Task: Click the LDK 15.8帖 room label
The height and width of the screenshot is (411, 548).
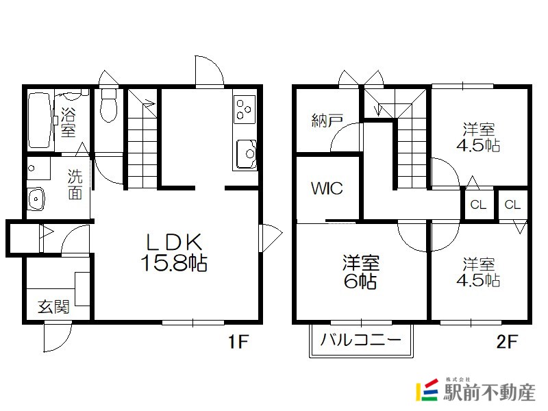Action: (174, 252)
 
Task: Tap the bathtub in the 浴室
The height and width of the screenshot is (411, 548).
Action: (40, 120)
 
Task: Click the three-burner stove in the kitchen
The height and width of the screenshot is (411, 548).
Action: (244, 109)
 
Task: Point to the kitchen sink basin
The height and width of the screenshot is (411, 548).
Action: (247, 154)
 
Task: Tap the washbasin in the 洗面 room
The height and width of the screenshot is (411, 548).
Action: (36, 199)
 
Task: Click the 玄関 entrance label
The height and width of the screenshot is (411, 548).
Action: (54, 306)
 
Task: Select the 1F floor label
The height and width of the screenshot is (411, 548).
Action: (238, 341)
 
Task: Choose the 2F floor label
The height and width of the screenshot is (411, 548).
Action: (507, 341)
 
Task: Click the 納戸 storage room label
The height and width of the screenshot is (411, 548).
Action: (327, 121)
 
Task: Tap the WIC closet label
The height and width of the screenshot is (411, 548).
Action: (327, 188)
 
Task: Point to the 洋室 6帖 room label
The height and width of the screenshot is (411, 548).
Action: (361, 272)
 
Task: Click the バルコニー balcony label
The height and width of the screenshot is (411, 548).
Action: (361, 340)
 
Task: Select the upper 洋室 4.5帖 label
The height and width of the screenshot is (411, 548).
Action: (478, 137)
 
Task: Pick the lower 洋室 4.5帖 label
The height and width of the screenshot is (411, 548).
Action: (478, 272)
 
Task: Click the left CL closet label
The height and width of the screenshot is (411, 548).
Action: (478, 204)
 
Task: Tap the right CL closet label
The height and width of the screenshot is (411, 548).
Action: (512, 204)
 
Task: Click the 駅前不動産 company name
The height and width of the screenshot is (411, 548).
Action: (489, 392)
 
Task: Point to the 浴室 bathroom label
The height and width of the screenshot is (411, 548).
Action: (68, 122)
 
